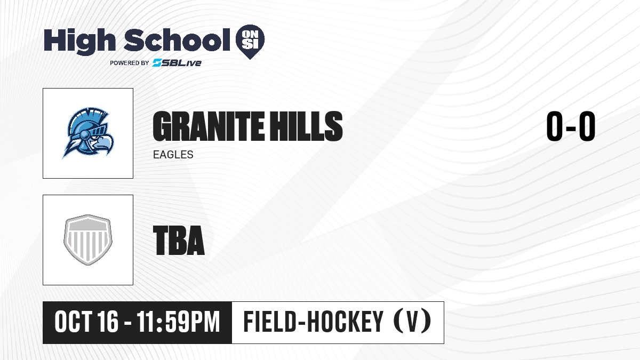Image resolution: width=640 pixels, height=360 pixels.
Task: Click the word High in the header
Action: point(79,42)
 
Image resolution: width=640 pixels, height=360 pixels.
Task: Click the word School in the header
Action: point(177,40)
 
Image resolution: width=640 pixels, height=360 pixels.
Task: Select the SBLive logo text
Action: point(177,63)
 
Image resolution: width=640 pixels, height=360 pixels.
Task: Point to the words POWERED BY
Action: point(130,63)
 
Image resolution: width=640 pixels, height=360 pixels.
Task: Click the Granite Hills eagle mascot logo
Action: point(88,133)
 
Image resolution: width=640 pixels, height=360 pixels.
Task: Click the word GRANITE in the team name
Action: point(209,126)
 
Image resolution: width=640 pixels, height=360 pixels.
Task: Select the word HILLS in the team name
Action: point(307,126)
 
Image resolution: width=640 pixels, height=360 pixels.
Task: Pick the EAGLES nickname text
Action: point(173,155)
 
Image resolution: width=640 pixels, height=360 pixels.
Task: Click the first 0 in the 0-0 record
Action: point(555,126)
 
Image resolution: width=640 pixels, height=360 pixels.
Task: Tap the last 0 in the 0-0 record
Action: point(587,126)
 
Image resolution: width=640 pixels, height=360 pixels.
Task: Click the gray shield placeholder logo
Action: point(88,240)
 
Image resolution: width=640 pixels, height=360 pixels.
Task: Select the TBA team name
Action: point(179,241)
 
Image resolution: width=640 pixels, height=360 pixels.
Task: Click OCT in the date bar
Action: point(74,322)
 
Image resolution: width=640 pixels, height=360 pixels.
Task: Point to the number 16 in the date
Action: point(107,322)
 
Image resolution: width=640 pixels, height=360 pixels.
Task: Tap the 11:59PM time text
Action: point(178,322)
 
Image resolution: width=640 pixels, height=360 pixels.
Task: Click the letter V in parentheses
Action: point(412,322)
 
